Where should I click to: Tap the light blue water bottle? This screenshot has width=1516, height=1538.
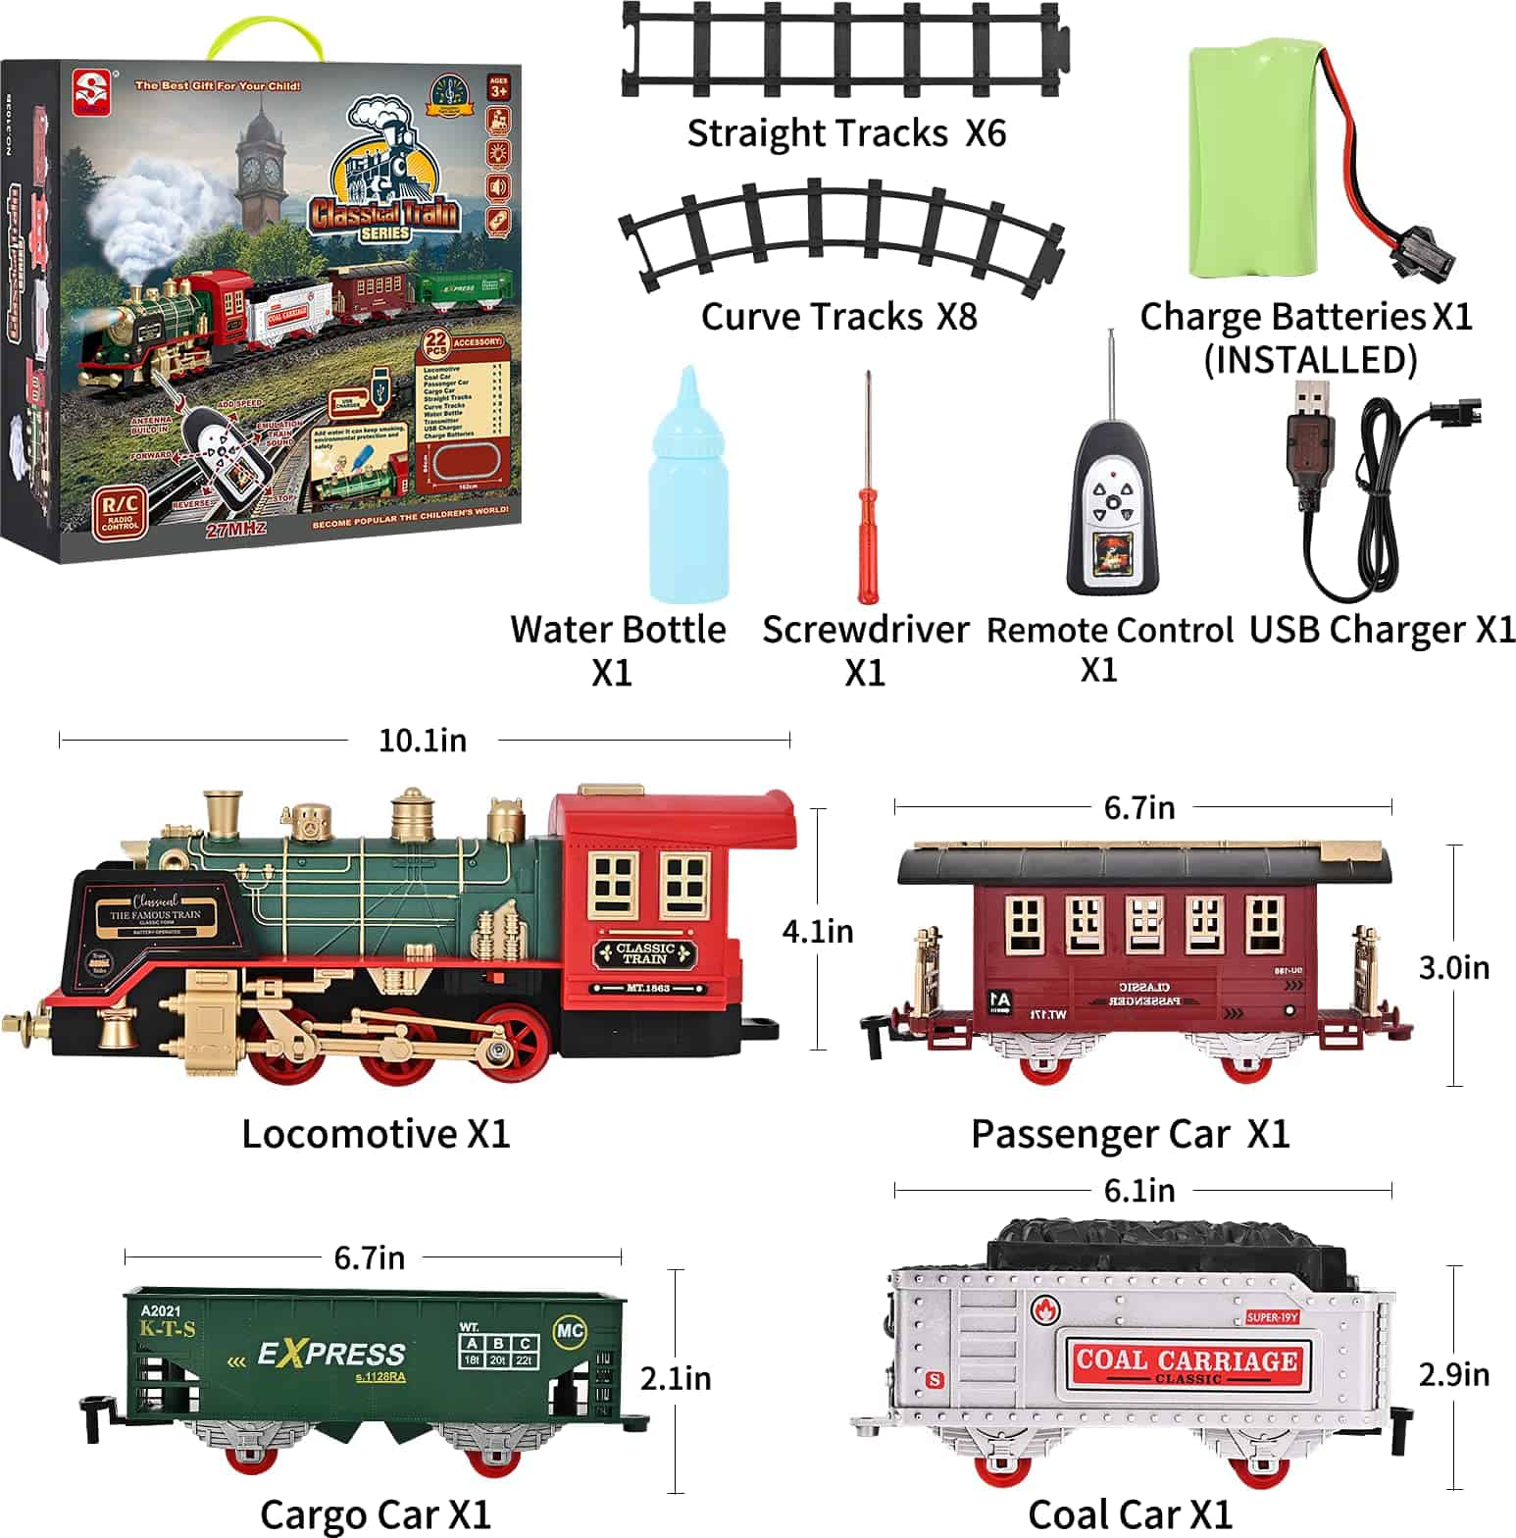688,500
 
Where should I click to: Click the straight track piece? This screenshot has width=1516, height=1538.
843,49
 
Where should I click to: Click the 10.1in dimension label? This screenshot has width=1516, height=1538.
423,741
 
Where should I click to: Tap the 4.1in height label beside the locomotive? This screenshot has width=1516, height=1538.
818,931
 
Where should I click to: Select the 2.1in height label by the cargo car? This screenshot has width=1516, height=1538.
676,1378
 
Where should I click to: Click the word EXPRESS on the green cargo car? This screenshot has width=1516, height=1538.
331,1355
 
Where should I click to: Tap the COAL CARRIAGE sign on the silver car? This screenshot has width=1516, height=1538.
1186,1361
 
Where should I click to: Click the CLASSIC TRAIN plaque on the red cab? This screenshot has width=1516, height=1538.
645,953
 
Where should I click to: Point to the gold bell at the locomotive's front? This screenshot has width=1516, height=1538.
116,1030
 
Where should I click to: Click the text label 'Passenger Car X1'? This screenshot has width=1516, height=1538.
1130,1134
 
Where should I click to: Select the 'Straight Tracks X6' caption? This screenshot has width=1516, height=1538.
846,133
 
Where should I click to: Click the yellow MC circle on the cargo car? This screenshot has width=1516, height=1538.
570,1331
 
